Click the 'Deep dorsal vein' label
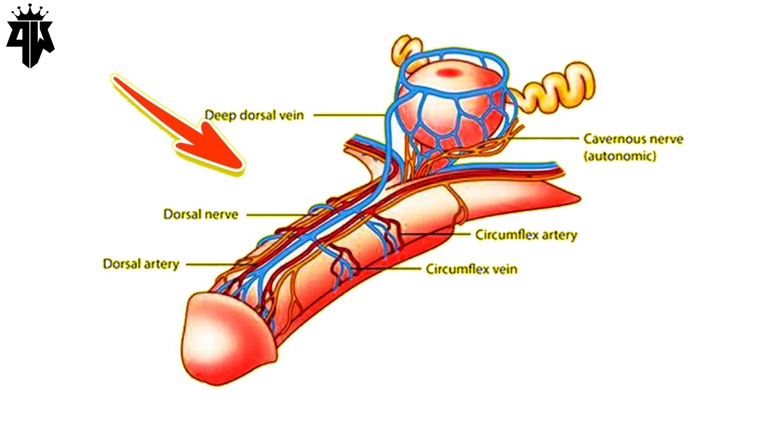click(x=254, y=115)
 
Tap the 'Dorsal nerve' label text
click(x=201, y=214)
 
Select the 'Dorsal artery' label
click(x=141, y=263)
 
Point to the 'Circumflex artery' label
click(x=526, y=235)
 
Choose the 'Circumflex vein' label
click(x=471, y=269)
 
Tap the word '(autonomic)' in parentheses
click(x=620, y=156)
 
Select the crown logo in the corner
click(x=30, y=36)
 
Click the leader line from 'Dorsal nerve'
click(x=278, y=214)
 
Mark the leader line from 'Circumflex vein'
click(x=388, y=269)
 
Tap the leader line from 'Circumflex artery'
click(x=436, y=234)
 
